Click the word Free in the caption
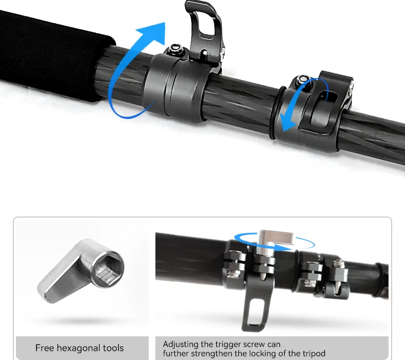tap(44, 348)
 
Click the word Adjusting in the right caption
tap(181, 344)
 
